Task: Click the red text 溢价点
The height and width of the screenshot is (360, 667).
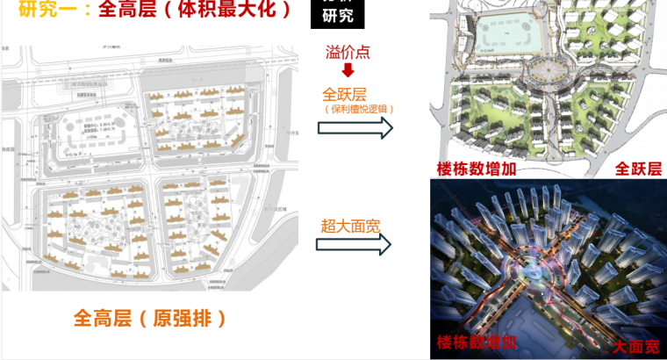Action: pyautogui.click(x=348, y=52)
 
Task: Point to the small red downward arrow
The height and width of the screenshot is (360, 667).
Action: pyautogui.click(x=347, y=70)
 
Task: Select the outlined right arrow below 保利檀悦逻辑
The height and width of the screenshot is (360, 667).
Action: pyautogui.click(x=355, y=128)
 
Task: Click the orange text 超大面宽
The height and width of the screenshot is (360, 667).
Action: pyautogui.click(x=348, y=227)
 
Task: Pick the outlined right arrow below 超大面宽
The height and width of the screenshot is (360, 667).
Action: pyautogui.click(x=355, y=246)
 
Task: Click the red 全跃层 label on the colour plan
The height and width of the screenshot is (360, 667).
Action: pyautogui.click(x=637, y=168)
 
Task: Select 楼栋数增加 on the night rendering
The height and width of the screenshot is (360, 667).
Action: pyautogui.click(x=478, y=342)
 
